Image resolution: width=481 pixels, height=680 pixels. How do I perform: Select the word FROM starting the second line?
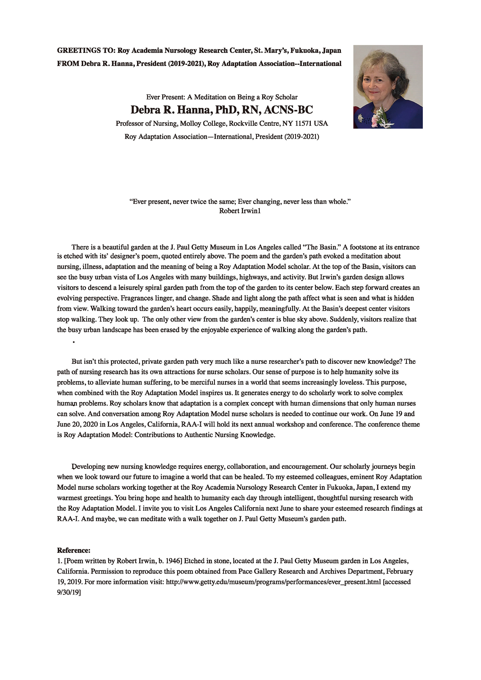(68, 64)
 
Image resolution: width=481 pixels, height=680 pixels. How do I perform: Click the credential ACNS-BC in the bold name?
(288, 110)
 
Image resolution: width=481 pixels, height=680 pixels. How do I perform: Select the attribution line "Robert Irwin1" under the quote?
(240, 211)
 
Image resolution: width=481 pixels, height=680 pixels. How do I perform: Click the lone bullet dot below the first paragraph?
(73, 342)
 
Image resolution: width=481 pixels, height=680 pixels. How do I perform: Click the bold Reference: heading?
(74, 551)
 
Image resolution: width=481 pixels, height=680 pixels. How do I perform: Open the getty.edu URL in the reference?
(273, 582)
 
